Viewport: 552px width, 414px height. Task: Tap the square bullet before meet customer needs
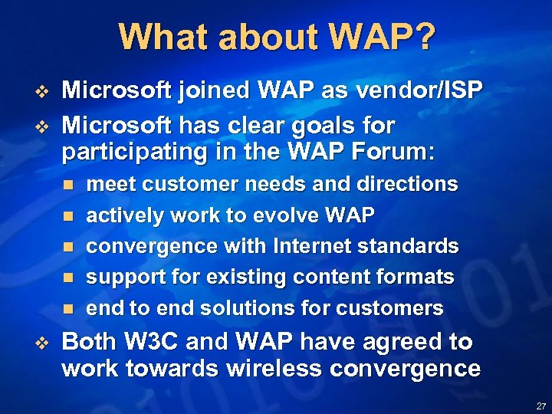coord(67,186)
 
